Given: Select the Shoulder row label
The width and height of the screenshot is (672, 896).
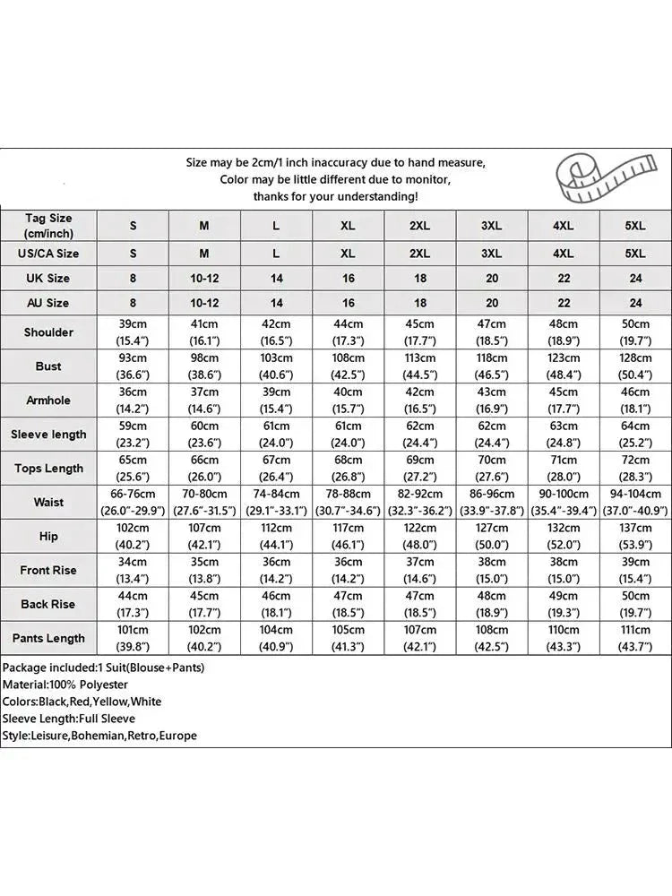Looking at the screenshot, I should click(48, 332).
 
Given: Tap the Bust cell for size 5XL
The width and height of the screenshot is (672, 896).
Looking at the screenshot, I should click(635, 366).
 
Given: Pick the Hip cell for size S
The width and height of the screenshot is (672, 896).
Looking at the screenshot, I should click(134, 537).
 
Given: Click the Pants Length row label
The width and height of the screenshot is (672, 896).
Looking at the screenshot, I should click(48, 639).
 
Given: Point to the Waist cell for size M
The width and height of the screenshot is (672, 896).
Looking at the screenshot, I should click(204, 503).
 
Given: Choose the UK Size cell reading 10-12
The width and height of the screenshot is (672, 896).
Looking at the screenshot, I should click(204, 279).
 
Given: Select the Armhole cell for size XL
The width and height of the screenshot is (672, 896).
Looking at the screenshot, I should click(348, 401).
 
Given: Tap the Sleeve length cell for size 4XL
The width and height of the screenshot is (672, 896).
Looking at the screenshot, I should click(564, 435).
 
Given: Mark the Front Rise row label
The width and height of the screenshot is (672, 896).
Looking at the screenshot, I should click(48, 571).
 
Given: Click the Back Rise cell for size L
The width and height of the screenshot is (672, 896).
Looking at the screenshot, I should click(276, 605).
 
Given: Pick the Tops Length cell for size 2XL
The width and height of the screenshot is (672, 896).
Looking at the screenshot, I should click(419, 469).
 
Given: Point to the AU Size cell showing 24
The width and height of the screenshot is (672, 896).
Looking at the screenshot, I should click(635, 304).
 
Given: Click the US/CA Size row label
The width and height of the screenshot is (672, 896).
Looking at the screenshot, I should click(48, 254).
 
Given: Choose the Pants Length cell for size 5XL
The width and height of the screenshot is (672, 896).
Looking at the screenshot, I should click(635, 639).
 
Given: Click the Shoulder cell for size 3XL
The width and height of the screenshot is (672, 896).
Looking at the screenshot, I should click(491, 332).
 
